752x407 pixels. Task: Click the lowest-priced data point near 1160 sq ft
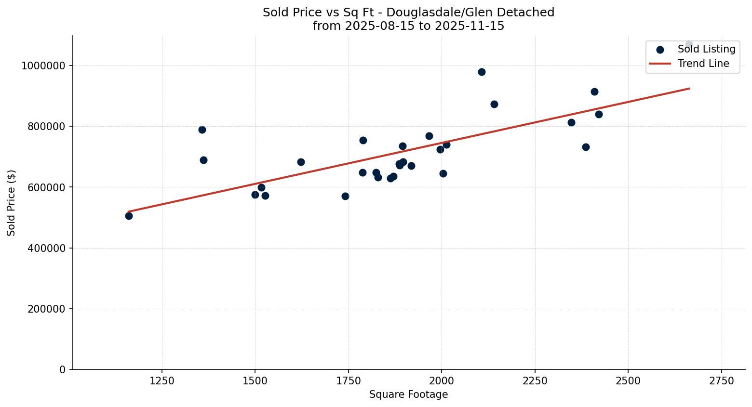(129, 216)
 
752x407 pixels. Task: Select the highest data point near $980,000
(482, 72)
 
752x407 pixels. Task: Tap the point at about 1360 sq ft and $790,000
(202, 130)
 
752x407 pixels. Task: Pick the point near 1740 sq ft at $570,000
(345, 196)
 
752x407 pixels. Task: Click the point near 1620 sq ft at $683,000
(301, 162)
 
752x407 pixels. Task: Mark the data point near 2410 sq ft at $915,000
(594, 92)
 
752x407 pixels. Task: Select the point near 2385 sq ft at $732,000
(586, 147)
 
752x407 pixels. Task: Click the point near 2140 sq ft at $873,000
(494, 104)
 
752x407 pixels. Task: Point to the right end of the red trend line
(689, 88)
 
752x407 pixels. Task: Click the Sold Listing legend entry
(706, 49)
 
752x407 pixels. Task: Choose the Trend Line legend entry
(703, 64)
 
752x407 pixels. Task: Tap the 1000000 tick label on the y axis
(43, 66)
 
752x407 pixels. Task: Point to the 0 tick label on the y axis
(62, 369)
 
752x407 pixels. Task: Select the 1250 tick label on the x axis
(162, 381)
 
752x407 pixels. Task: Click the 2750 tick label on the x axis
(721, 381)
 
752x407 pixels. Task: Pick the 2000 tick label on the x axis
(442, 381)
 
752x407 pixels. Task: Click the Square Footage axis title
(408, 394)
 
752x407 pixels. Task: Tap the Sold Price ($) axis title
(11, 203)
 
